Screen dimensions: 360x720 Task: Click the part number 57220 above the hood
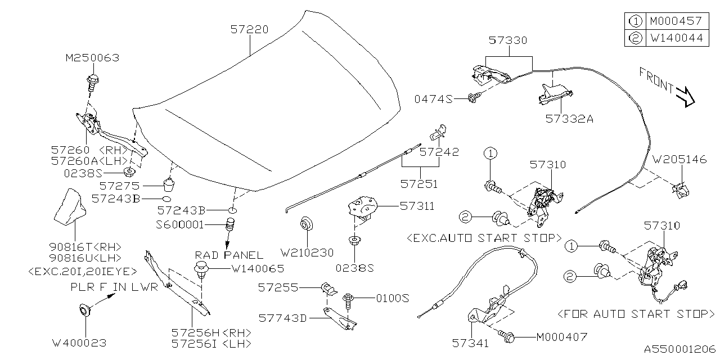pos(249,29)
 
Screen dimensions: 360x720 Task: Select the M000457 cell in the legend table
pos(675,21)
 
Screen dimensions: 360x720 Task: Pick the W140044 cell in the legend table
pos(675,38)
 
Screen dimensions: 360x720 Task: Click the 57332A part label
pos(569,119)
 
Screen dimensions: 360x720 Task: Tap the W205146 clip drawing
pos(681,190)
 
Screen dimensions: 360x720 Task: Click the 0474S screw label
pos(433,99)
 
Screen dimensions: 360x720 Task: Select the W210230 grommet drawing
pos(305,224)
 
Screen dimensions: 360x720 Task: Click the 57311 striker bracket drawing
pos(363,207)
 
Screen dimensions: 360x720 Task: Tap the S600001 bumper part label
pos(181,224)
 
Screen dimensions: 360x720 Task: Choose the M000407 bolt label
pos(561,337)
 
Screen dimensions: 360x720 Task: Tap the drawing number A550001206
pos(679,349)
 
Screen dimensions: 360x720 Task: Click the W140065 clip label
pos(258,269)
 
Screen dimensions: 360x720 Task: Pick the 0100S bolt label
pos(390,298)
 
